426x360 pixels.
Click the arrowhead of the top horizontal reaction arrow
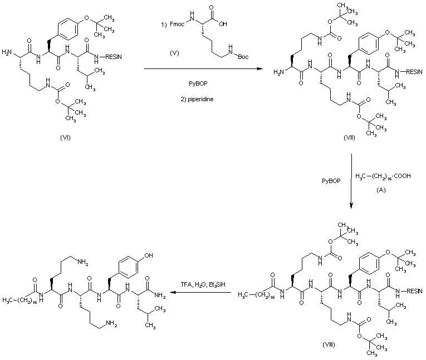[262, 68]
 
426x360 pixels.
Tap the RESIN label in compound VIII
[413, 291]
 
